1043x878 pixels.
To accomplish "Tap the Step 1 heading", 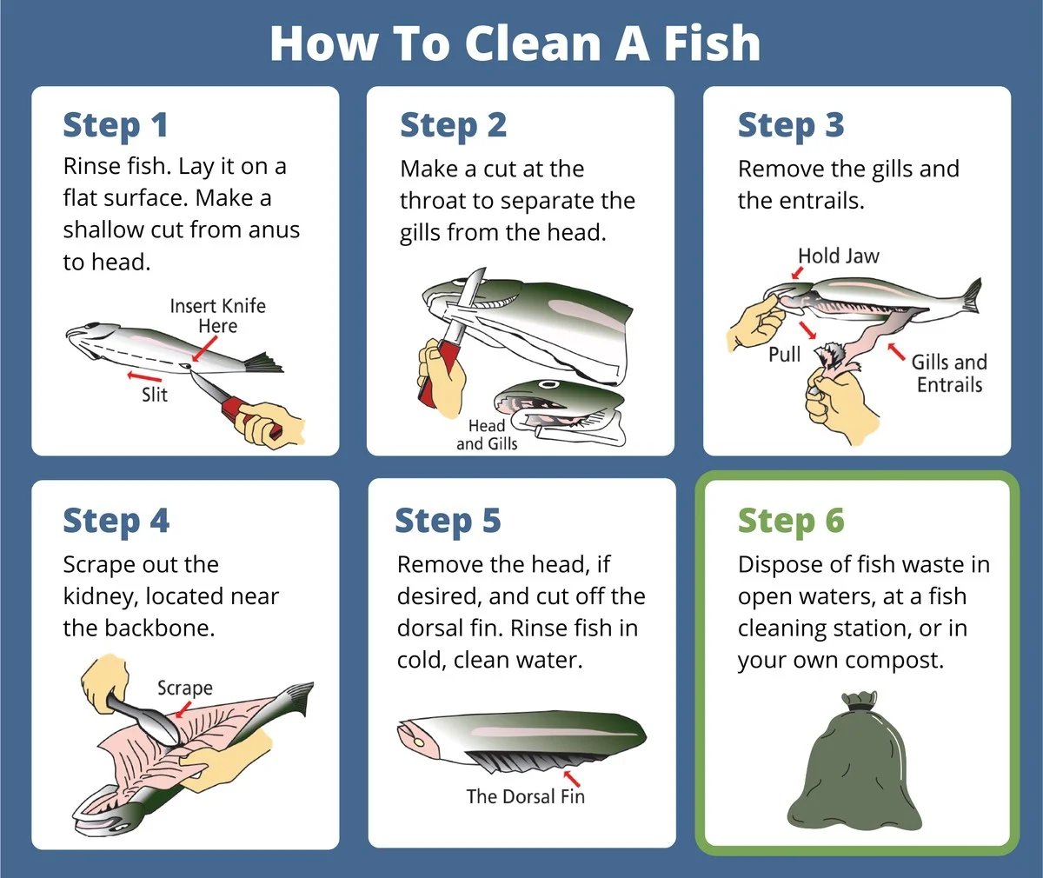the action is point(116,125).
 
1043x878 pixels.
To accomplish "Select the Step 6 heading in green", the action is point(791,522).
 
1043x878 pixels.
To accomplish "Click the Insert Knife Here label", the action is point(218,316).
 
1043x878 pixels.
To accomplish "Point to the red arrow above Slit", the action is point(144,376).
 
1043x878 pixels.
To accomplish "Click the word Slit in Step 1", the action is point(155,395).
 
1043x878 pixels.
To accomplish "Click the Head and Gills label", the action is point(487,435).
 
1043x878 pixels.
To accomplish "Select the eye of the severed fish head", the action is point(548,384).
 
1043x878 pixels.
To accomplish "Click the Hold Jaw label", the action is point(838,256).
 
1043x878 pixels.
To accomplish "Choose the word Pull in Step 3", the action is point(784,355).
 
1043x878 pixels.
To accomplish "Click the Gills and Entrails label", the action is point(949,374).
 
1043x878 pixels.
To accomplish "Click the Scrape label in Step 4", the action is point(185,688).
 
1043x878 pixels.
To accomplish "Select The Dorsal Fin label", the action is point(526,796).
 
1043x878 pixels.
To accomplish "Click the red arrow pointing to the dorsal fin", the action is point(571,778).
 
